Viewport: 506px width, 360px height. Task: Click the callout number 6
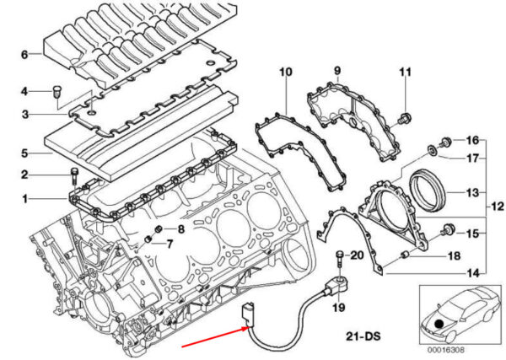tap(24, 55)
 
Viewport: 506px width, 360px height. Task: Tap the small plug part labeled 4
tap(57, 92)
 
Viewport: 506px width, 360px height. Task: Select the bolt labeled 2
tap(74, 176)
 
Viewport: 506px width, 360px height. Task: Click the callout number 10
tap(286, 72)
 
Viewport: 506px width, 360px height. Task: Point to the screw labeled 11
tap(404, 118)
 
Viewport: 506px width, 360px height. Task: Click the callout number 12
tap(498, 206)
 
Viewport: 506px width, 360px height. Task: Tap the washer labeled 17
tap(432, 150)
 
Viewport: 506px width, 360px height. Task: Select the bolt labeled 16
tap(445, 142)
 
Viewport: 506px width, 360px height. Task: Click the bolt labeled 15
tap(449, 229)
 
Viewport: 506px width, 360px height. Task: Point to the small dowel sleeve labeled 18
tap(405, 255)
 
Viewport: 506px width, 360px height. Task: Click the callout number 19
tap(339, 307)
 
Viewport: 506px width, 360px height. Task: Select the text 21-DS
tap(363, 336)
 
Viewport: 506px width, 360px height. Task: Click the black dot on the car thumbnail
tap(439, 323)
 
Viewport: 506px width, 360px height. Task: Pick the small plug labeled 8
tap(159, 229)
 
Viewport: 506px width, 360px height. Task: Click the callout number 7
tap(170, 244)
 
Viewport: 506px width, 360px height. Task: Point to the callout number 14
tap(473, 273)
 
